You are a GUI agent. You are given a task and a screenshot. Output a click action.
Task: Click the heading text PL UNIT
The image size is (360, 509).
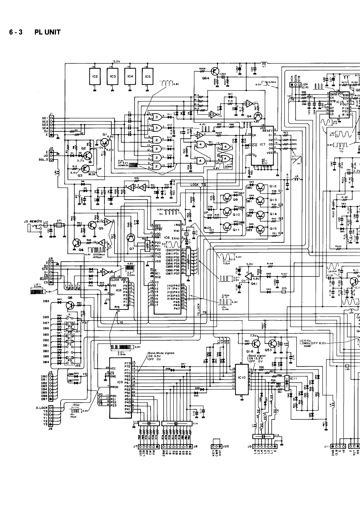click(x=47, y=32)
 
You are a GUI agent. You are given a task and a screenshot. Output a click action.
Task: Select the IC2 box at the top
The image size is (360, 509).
click(x=95, y=76)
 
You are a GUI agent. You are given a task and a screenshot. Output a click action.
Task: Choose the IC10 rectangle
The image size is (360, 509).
click(x=242, y=378)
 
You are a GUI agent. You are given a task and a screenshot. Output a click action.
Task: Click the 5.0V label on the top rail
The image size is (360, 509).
click(x=117, y=62)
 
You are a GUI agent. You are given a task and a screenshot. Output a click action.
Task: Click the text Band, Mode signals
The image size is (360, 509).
click(x=161, y=353)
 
